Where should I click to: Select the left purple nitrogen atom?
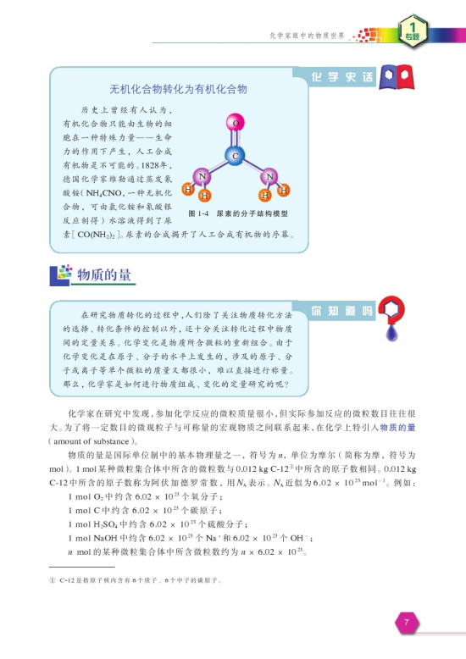202,177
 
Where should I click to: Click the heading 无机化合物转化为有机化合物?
178,88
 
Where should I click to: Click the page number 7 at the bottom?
407,623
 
